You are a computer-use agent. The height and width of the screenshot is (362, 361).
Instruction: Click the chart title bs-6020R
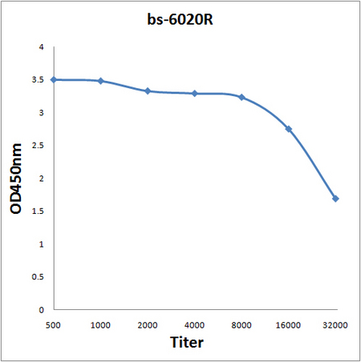point(180,19)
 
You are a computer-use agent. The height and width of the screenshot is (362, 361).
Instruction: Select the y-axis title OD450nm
point(16,179)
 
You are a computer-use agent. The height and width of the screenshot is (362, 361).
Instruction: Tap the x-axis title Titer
point(187,342)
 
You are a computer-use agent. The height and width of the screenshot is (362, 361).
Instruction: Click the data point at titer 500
point(54,79)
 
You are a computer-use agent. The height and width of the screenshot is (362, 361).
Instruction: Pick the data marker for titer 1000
point(101,81)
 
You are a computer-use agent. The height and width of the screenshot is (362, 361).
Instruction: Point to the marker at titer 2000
point(148,91)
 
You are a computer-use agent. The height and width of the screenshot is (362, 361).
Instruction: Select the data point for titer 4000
point(195,94)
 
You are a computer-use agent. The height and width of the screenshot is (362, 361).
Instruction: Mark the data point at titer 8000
point(241,97)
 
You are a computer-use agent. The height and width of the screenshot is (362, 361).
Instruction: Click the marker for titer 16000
point(289,129)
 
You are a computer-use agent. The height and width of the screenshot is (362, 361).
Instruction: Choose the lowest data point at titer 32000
point(335,199)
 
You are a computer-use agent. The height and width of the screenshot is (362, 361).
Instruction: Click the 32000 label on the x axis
point(335,325)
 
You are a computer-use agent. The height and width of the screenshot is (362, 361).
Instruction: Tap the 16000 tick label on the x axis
point(288,325)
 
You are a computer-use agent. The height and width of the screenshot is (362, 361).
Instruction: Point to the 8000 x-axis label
point(241,325)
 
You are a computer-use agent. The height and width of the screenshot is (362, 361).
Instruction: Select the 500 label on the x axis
point(53,325)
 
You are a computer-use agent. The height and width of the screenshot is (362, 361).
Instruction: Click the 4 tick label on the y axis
point(41,47)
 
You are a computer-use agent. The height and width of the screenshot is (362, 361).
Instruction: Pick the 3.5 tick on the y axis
point(38,80)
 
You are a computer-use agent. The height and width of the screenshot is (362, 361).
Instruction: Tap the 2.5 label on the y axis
point(38,146)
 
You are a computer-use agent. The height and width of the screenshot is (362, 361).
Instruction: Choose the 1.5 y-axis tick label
point(38,211)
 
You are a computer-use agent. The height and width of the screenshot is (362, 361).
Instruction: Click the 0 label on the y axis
point(41,310)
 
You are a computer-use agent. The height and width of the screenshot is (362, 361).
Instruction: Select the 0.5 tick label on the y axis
point(38,277)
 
